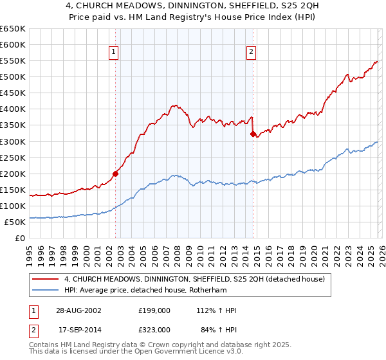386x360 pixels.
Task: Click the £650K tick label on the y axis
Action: [13, 29]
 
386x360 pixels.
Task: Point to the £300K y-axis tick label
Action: [13, 141]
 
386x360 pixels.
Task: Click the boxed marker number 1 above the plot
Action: [113, 53]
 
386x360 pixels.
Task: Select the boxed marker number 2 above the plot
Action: [250, 53]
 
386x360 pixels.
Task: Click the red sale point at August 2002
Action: [116, 173]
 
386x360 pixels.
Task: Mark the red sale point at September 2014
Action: [253, 134]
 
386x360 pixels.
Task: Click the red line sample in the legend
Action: [46, 279]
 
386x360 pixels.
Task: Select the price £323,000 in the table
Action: [154, 329]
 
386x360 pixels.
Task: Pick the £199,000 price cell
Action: [154, 310]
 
